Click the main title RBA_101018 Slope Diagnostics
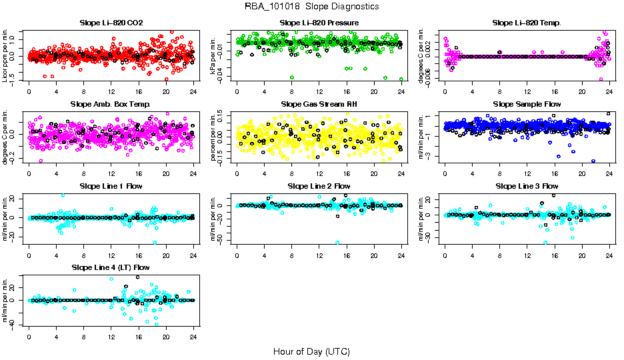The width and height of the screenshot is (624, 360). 311,7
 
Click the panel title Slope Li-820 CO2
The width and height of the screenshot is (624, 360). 111,23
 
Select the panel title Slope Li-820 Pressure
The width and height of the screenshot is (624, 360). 319,23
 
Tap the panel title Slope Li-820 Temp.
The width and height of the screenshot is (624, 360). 527,23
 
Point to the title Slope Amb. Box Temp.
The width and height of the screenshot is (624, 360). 111,105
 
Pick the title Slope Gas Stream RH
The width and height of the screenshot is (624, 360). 319,105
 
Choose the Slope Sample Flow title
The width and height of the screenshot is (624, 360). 527,105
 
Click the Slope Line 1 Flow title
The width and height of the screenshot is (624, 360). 111,186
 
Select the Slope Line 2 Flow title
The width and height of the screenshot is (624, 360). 319,186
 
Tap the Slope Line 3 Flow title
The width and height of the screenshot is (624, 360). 527,186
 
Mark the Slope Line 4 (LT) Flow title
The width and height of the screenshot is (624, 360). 111,268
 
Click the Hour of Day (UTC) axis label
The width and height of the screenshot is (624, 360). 311,351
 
